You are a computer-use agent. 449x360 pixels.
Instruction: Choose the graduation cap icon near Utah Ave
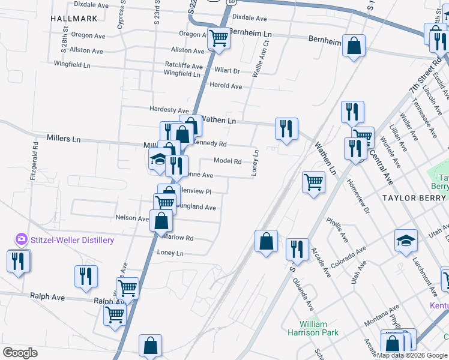coord(406,241)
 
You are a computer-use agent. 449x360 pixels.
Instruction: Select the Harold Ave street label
coord(225,86)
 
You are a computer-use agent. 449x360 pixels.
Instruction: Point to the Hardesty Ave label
coord(169,110)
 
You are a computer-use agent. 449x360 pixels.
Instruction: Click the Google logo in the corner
coord(20,353)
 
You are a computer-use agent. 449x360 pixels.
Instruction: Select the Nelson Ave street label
coord(131,218)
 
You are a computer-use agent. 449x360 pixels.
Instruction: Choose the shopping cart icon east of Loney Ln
coord(314,181)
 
